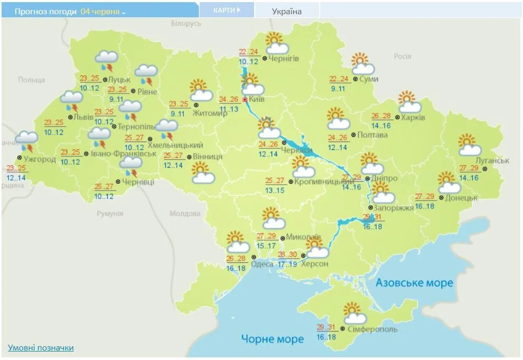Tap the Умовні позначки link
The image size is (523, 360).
click(41, 347)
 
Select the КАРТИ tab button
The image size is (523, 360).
click(227, 10)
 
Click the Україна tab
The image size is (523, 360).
click(287, 11)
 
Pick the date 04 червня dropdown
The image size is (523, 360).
click(103, 11)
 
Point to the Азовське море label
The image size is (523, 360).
click(414, 283)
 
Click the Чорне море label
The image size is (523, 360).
click(272, 338)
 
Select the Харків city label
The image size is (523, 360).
click(413, 117)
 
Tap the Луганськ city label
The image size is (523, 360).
click(492, 160)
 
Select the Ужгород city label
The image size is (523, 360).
click(40, 159)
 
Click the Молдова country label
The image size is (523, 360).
click(185, 214)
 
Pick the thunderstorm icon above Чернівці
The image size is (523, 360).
click(130, 167)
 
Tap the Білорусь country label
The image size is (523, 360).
click(186, 24)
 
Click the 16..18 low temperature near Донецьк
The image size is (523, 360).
click(425, 206)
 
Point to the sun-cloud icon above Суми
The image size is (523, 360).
click(363, 64)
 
